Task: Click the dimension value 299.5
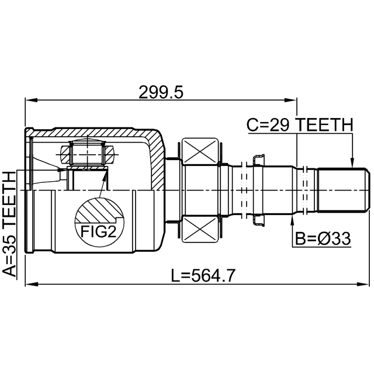[x=161, y=92]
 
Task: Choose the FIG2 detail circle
[x=99, y=222]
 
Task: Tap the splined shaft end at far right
[x=342, y=191]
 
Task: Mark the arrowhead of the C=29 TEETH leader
[x=352, y=164]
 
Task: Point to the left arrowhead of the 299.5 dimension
[x=28, y=100]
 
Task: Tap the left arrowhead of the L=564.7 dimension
[x=28, y=285]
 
